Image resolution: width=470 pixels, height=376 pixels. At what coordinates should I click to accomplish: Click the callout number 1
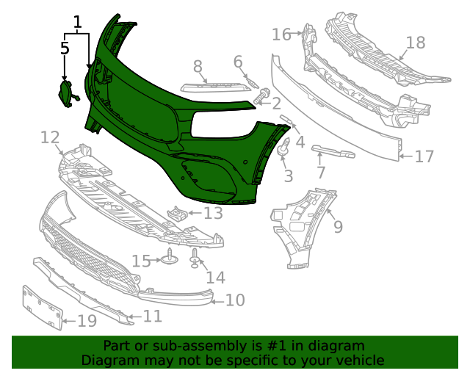77,23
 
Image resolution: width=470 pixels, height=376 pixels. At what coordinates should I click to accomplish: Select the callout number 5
65,48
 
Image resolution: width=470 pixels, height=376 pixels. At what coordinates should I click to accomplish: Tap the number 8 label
198,67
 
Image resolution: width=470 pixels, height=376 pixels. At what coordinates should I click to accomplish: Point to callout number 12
50,137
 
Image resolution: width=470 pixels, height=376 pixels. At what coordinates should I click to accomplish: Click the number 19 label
87,321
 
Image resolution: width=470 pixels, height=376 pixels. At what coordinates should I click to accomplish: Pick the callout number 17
424,156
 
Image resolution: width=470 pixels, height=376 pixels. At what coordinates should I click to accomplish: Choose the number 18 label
416,43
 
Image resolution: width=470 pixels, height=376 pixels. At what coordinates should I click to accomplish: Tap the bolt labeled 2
261,95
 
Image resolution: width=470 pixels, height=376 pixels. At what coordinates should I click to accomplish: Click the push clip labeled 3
283,149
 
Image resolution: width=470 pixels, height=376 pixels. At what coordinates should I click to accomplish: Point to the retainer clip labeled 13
176,214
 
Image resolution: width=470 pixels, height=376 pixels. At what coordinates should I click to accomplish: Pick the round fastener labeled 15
170,258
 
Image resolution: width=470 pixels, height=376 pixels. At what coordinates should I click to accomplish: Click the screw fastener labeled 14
195,256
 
